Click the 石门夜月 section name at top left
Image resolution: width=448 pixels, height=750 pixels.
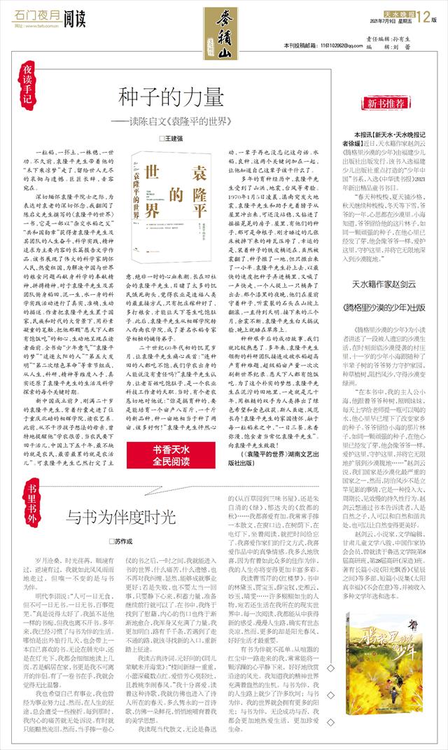31,16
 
